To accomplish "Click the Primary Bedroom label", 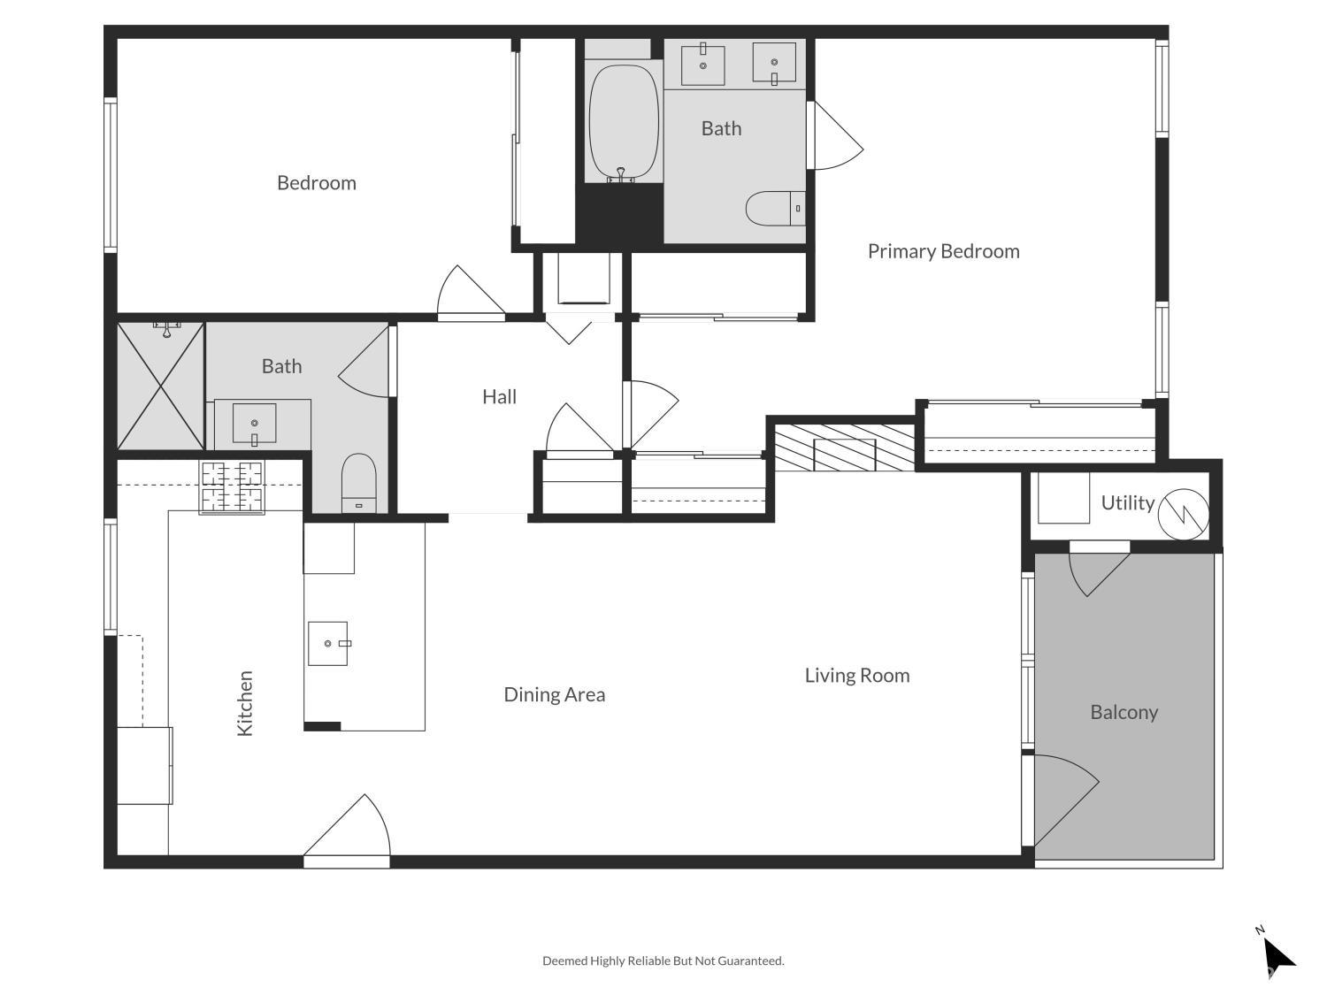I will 943,251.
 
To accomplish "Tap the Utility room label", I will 1127,503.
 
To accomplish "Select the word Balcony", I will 1124,712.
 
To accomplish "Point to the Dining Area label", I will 554,694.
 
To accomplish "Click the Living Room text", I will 856,676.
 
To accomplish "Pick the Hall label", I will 499,397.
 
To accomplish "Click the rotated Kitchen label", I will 245,703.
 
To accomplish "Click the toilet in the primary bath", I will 775,209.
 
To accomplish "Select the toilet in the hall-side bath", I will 359,482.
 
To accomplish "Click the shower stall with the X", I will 160,387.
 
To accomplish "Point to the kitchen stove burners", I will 233,487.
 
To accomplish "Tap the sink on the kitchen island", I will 328,643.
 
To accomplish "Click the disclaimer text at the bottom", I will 663,961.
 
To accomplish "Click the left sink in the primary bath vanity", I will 703,65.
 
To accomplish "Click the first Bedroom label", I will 316,183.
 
